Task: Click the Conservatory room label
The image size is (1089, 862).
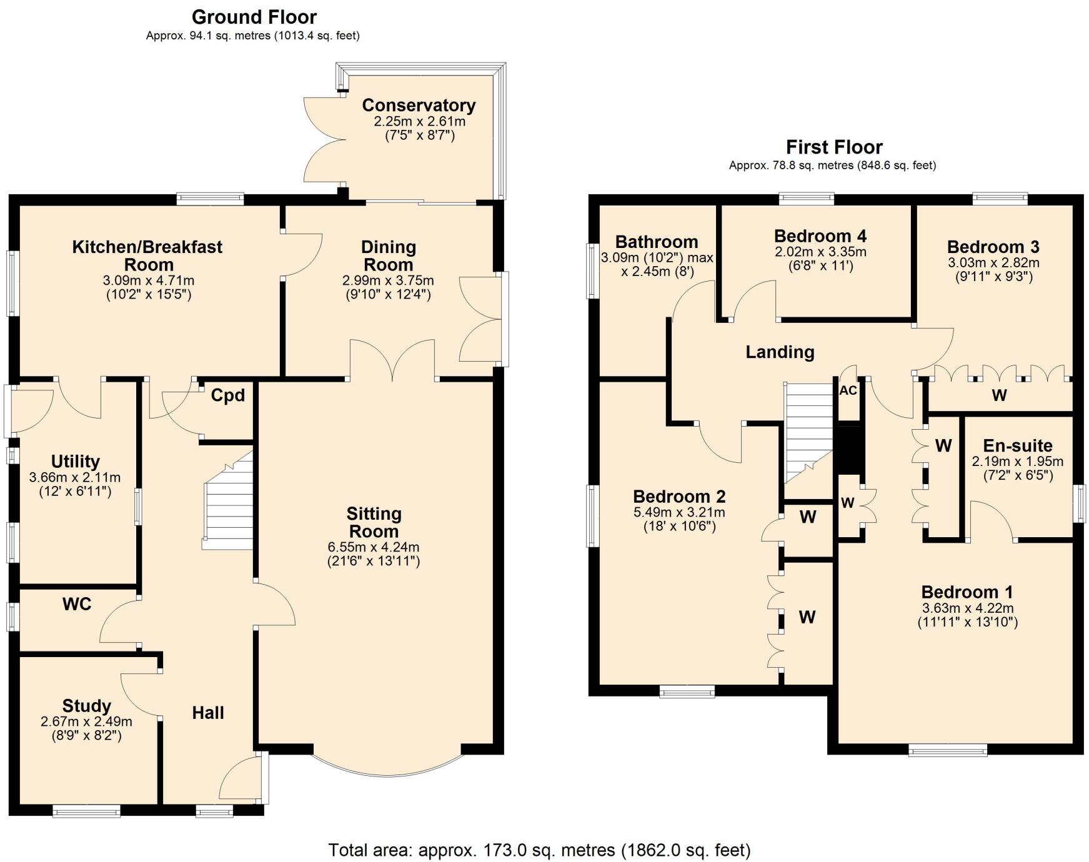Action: click(419, 105)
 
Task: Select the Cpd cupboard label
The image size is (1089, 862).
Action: click(227, 395)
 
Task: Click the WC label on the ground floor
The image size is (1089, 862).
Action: click(77, 604)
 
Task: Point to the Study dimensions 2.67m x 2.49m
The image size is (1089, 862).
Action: click(86, 721)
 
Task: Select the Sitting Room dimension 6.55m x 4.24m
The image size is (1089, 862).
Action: click(374, 547)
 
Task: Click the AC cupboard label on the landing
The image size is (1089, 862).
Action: click(848, 391)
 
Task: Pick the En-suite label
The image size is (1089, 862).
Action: click(1017, 445)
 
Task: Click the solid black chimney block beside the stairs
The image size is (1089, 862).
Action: click(848, 449)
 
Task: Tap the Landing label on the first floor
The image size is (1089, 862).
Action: click(780, 352)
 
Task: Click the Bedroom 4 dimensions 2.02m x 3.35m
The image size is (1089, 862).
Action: click(820, 252)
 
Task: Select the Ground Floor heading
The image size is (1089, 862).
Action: click(254, 17)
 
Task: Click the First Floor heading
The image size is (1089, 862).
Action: click(833, 147)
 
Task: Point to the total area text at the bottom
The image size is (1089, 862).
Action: click(539, 850)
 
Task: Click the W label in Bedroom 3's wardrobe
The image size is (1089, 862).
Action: click(999, 395)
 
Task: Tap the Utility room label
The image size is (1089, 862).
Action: click(75, 462)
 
